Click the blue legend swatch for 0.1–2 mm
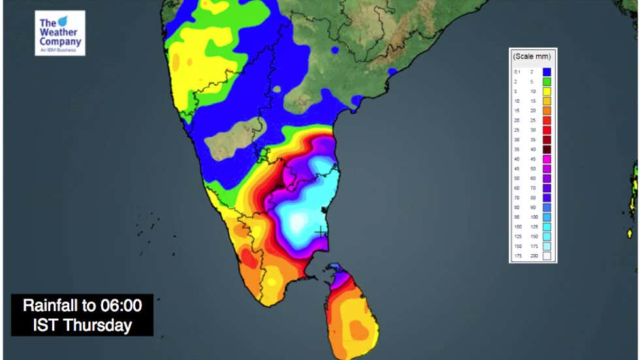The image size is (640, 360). pyautogui.click(x=547, y=71)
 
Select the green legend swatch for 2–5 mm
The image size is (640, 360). pyautogui.click(x=547, y=82)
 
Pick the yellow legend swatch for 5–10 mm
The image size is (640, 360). pyautogui.click(x=547, y=91)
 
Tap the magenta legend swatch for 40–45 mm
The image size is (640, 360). pyautogui.click(x=547, y=159)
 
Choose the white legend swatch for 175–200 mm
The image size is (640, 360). pyautogui.click(x=547, y=256)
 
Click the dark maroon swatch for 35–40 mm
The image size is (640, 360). pyautogui.click(x=547, y=150)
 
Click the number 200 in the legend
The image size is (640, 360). pyautogui.click(x=532, y=256)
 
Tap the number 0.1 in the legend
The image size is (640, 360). pyautogui.click(x=517, y=71)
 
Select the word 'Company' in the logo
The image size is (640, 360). pyautogui.click(x=61, y=42)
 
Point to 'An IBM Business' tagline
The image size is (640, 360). pyautogui.click(x=59, y=50)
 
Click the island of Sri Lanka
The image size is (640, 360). pyautogui.click(x=349, y=314)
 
